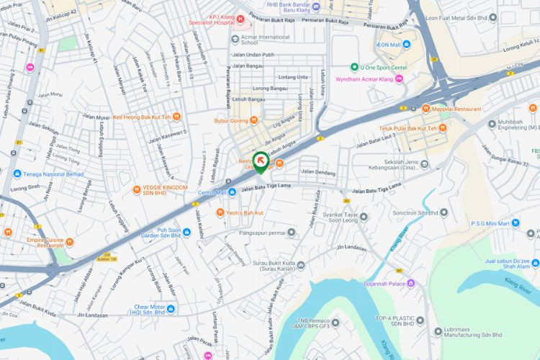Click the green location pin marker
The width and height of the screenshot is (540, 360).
(x=260, y=162)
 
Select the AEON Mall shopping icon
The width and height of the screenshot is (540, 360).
(x=407, y=45)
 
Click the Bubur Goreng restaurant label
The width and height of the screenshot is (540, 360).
(x=231, y=121)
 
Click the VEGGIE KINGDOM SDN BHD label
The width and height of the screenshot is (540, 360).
(x=160, y=190)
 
